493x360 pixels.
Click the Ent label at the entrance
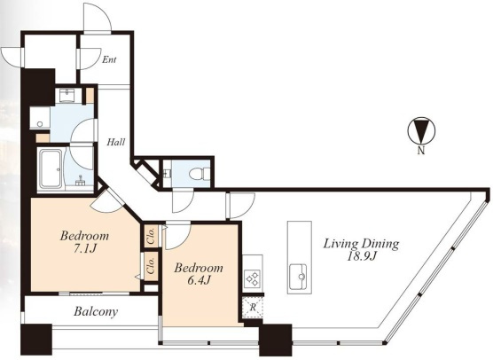point(109,59)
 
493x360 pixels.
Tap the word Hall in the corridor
point(115,142)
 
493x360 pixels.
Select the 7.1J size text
point(84,248)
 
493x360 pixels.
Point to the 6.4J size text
point(199,280)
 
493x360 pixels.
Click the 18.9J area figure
point(362,256)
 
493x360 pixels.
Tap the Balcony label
point(96,311)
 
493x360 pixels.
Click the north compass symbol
point(421,130)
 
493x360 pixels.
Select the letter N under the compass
point(421,151)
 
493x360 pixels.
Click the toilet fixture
point(200,173)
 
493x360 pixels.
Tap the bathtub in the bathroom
point(51,169)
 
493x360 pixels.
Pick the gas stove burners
point(253,278)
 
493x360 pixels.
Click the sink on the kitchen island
point(299,277)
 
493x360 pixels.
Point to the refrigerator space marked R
point(253,307)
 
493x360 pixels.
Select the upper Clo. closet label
point(152,235)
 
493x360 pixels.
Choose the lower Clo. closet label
point(152,266)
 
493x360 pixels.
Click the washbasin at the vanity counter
point(67,95)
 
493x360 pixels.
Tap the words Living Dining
point(362,244)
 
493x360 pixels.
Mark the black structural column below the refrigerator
point(276,340)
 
